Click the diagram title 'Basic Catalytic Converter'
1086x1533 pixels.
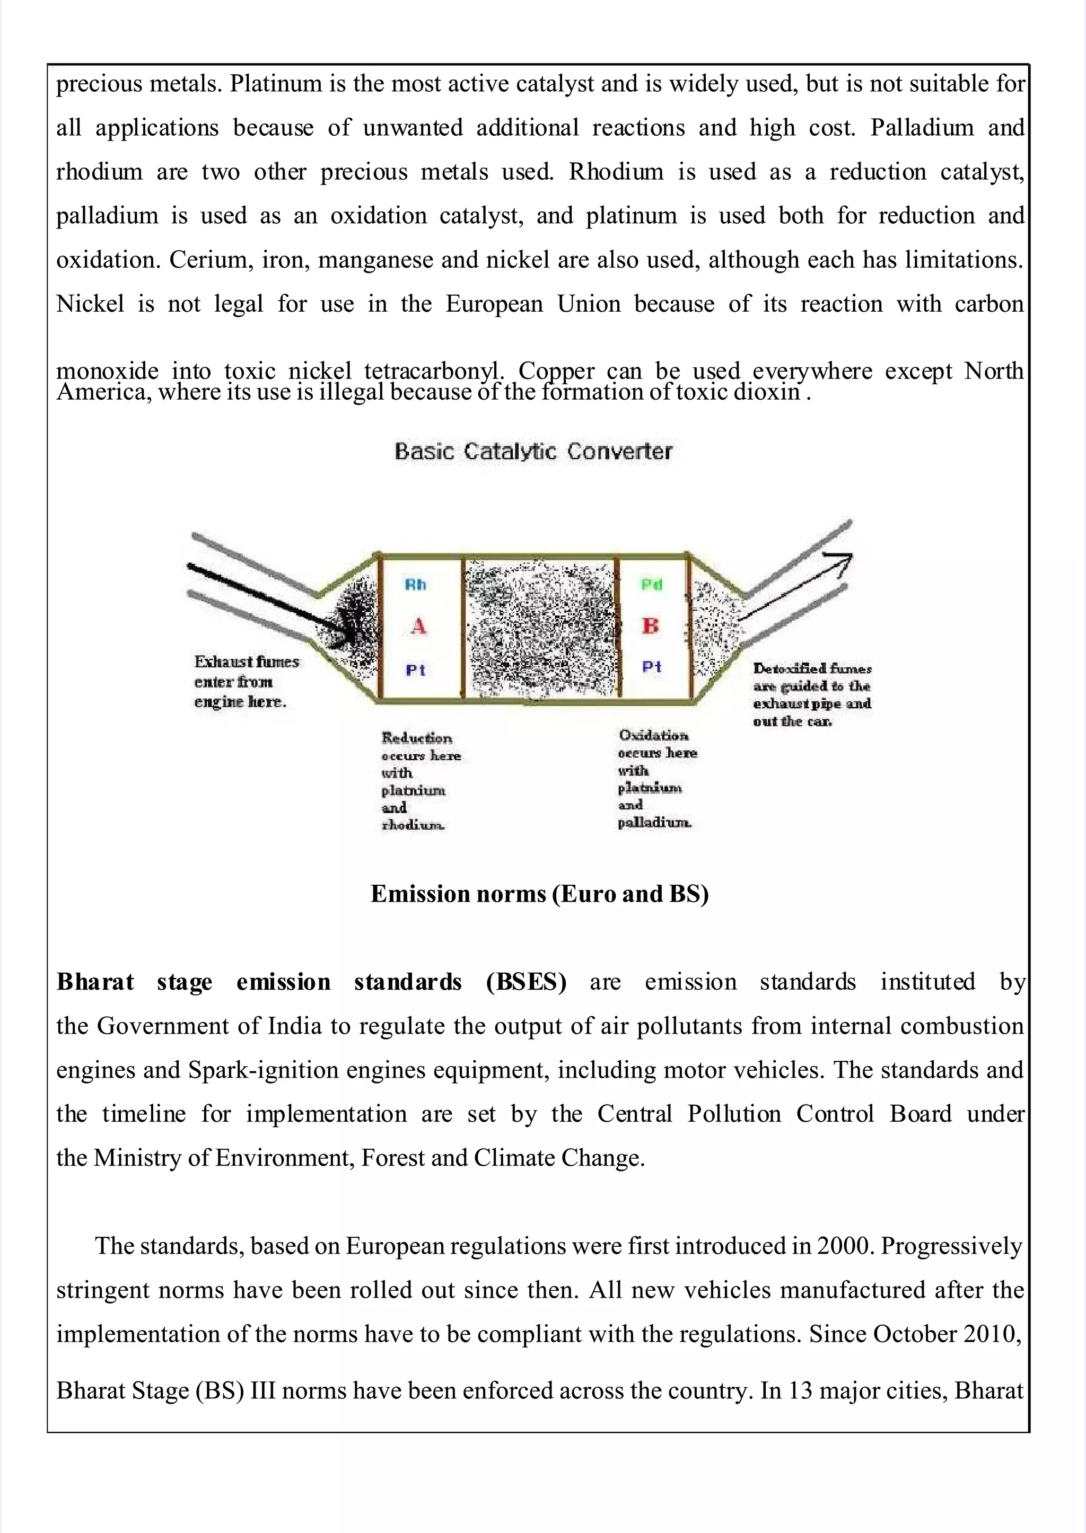[533, 451]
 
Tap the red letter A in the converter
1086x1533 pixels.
[418, 627]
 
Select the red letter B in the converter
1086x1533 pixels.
[650, 626]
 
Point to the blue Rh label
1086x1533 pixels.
[415, 585]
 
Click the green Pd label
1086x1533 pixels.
[651, 585]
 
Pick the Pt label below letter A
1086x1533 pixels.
[415, 670]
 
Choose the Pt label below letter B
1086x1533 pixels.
[651, 666]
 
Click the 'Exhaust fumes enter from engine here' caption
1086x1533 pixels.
[246, 681]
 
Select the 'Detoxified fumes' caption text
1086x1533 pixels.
[812, 668]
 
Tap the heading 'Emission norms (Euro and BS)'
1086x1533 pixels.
[540, 894]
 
